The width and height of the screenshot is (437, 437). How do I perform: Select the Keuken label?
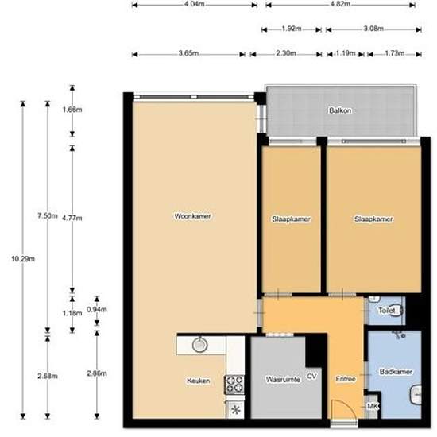(199, 381)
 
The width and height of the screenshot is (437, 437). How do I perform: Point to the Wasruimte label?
(282, 381)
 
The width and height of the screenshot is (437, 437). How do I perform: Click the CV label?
(312, 375)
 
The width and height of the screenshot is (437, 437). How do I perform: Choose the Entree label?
(345, 379)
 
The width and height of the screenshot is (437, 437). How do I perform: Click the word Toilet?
(386, 311)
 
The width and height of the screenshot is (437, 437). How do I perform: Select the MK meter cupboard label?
(372, 408)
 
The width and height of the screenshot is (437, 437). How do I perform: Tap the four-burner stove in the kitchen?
(234, 385)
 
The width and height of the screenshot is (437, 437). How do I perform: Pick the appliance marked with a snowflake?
(235, 410)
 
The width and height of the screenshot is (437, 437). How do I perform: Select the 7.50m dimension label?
(48, 215)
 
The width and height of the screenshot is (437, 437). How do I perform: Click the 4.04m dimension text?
(194, 4)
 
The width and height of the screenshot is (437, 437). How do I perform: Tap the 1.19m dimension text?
(345, 54)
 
